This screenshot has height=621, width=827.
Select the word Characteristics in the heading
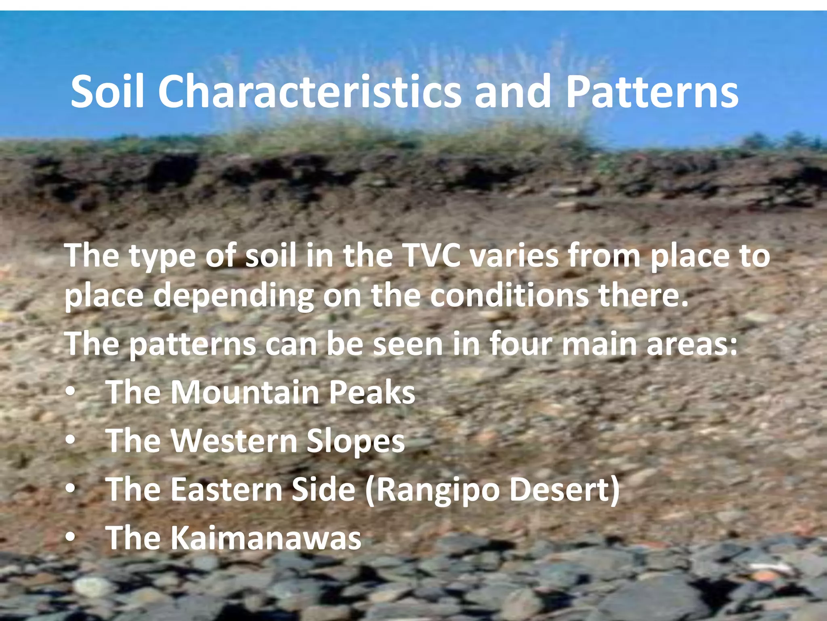tap(309, 92)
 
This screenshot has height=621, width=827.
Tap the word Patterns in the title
tap(652, 92)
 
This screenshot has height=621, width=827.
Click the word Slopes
tap(355, 441)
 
